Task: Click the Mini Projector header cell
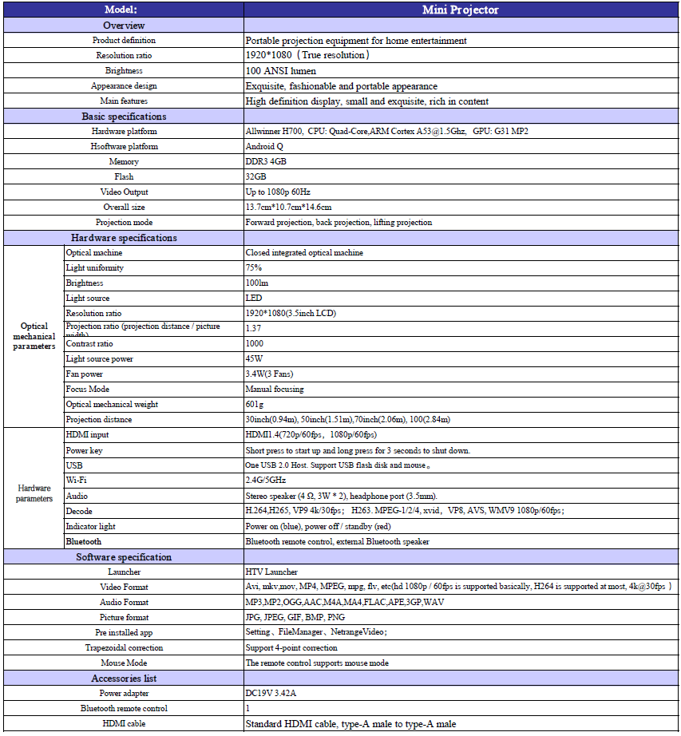click(x=461, y=10)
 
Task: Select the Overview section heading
click(x=124, y=25)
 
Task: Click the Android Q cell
click(x=263, y=147)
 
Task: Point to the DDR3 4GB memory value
click(x=266, y=162)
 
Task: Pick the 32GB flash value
click(x=255, y=177)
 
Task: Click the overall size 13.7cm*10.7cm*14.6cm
click(x=288, y=208)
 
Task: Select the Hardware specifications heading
click(x=124, y=238)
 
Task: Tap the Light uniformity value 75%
click(x=254, y=268)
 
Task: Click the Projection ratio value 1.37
click(x=254, y=328)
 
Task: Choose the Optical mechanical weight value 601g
click(x=255, y=405)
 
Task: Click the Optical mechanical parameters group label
click(x=34, y=336)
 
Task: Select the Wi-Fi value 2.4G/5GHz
click(x=265, y=481)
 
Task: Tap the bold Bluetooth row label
click(x=84, y=541)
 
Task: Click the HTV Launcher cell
click(x=271, y=572)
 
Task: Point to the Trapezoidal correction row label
click(x=124, y=647)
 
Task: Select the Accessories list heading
click(x=124, y=678)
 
